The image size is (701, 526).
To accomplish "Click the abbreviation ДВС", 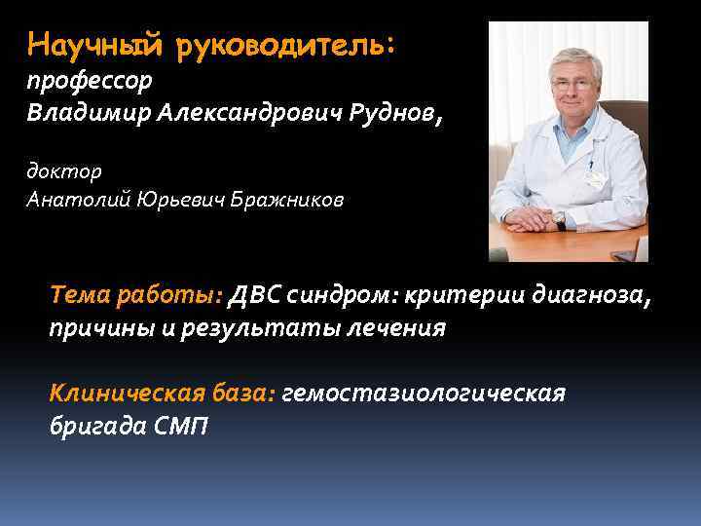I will pos(254,295).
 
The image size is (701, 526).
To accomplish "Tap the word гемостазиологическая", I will pos(424,394).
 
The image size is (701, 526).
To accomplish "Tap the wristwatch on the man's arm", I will pos(561,223).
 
